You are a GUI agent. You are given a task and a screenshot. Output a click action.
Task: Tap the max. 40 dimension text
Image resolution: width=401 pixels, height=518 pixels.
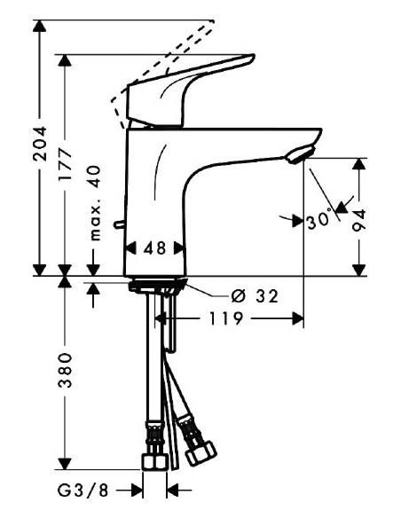coord(94,203)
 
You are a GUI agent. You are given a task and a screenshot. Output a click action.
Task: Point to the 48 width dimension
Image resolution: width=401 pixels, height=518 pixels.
coord(154,249)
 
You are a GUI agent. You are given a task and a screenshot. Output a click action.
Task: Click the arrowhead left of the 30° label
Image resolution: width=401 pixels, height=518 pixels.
coord(295,218)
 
